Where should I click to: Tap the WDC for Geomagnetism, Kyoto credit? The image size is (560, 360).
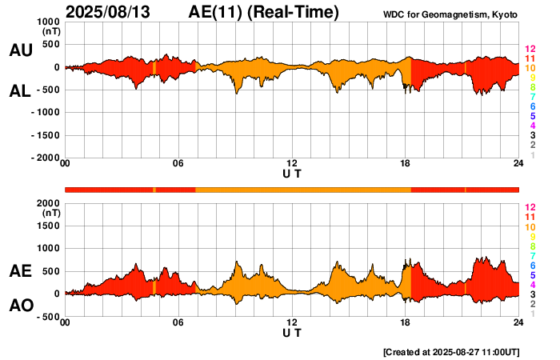(451, 15)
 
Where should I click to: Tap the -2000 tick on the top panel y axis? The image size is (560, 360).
(44, 158)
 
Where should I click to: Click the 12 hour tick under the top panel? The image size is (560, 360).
(292, 164)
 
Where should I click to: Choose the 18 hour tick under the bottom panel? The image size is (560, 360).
(406, 322)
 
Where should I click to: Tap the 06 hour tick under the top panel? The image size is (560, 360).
(178, 164)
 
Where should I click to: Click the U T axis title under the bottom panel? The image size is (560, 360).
(292, 332)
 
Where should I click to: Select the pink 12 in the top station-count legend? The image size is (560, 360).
(529, 49)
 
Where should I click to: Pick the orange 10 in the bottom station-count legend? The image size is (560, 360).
(529, 228)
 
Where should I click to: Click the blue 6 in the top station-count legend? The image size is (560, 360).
(531, 106)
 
